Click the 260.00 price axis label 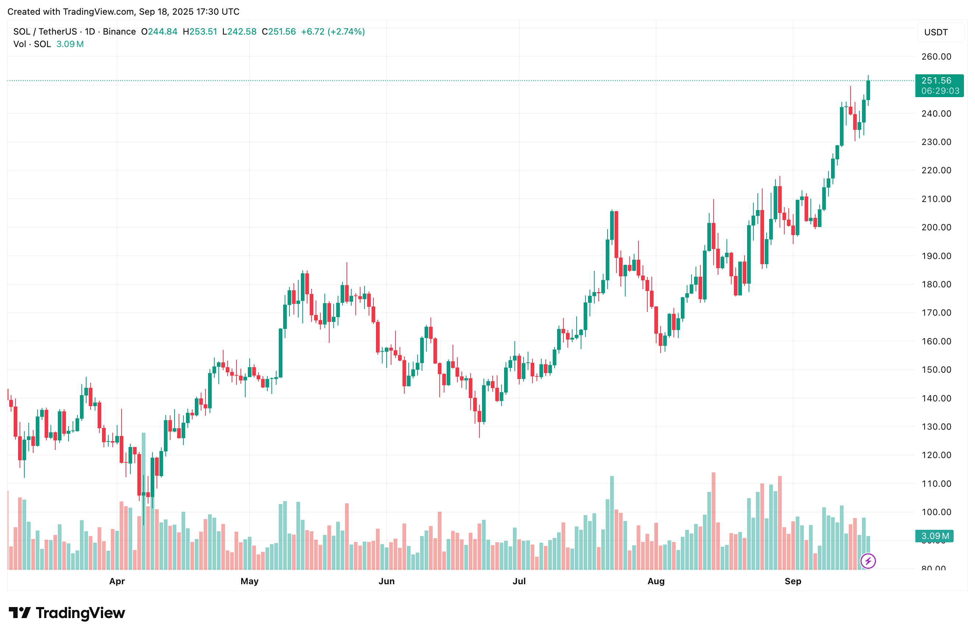[x=936, y=57]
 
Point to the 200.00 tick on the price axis [x=936, y=227]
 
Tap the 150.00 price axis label [x=936, y=370]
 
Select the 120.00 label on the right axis [x=936, y=455]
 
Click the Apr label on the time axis [x=117, y=581]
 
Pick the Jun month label [x=386, y=581]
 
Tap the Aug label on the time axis [x=656, y=581]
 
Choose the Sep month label [x=793, y=581]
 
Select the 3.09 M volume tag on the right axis [x=935, y=536]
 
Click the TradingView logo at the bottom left [x=67, y=613]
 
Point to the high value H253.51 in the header [x=200, y=32]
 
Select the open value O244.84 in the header [x=159, y=32]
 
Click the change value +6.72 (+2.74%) [x=332, y=32]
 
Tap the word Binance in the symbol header [x=119, y=32]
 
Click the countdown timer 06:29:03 [x=940, y=91]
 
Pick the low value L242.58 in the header [x=239, y=32]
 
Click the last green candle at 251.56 [x=868, y=90]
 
